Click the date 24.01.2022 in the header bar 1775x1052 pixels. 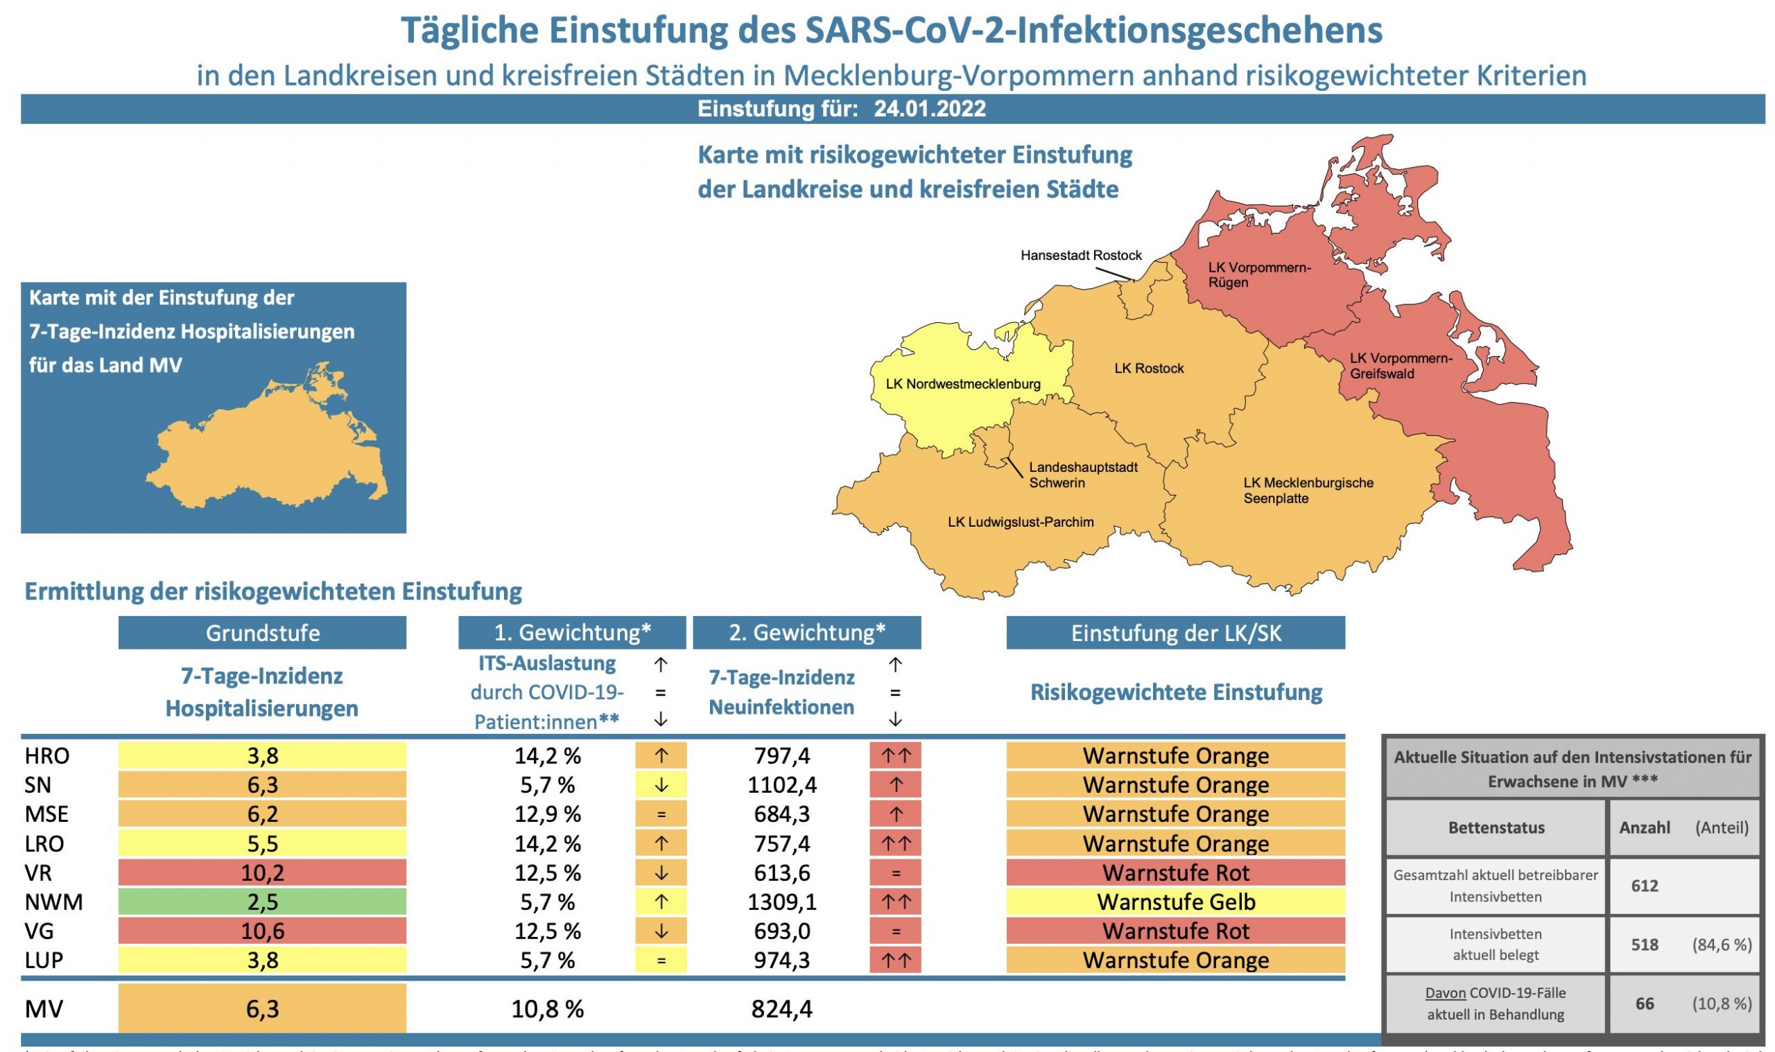pyautogui.click(x=929, y=109)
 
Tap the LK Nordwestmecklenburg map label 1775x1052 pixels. pyautogui.click(x=963, y=384)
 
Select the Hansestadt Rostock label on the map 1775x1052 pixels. pyautogui.click(x=1081, y=255)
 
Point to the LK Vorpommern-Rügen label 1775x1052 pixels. pyautogui.click(x=1258, y=275)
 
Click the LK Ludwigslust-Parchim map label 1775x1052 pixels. pyautogui.click(x=1021, y=523)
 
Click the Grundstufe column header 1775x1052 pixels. pyautogui.click(x=262, y=633)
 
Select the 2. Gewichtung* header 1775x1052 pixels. pyautogui.click(x=806, y=633)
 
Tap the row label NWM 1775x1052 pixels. pyautogui.click(x=54, y=902)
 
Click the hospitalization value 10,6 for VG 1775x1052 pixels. pyautogui.click(x=262, y=931)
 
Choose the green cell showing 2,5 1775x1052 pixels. pyautogui.click(x=262, y=902)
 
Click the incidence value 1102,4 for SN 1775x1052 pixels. pyautogui.click(x=781, y=784)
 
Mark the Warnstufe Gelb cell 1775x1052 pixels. pyautogui.click(x=1175, y=902)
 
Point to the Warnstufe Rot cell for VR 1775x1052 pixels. pyautogui.click(x=1175, y=873)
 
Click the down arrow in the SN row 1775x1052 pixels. pyautogui.click(x=660, y=784)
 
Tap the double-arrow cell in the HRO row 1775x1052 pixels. pyautogui.click(x=895, y=755)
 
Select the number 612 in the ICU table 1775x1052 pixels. pyautogui.click(x=1644, y=886)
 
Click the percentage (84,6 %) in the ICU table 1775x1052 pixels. pyautogui.click(x=1721, y=945)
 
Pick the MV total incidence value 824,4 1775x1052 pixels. pyautogui.click(x=781, y=1009)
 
